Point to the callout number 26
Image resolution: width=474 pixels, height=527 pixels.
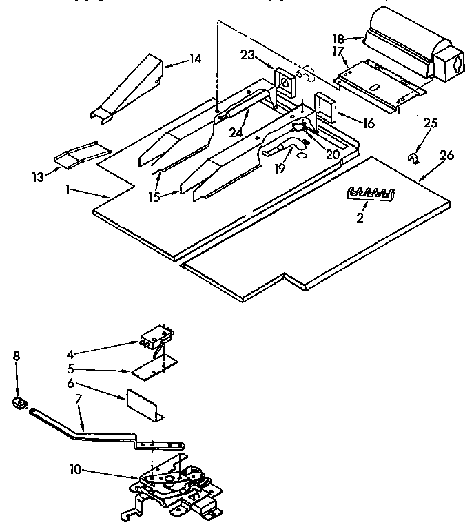coord(446,156)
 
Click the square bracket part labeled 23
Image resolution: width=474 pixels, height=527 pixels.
coord(283,82)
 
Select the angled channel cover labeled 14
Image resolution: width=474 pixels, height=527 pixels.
coord(127,89)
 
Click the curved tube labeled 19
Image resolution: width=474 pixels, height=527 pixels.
coord(282,147)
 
